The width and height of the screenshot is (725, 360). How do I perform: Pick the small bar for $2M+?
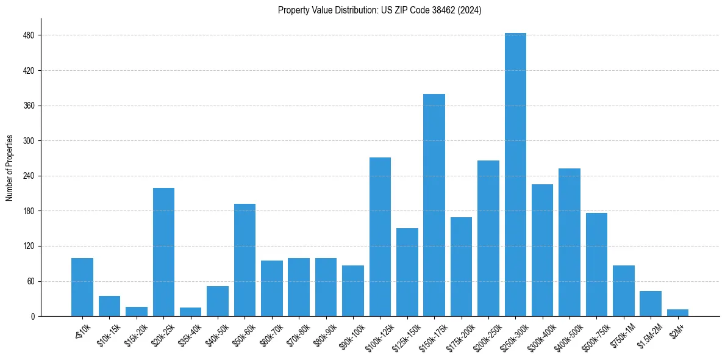click(677, 313)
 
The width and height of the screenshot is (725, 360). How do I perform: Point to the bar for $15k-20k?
click(137, 312)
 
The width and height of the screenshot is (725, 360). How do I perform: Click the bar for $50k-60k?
click(245, 260)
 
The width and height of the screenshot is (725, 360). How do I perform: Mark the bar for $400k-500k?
click(570, 242)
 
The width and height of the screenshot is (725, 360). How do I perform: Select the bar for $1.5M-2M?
click(651, 304)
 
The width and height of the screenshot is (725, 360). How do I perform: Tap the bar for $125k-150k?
click(407, 272)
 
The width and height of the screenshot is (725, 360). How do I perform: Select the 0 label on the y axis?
click(32, 317)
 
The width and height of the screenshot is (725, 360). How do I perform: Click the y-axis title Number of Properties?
click(9, 168)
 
